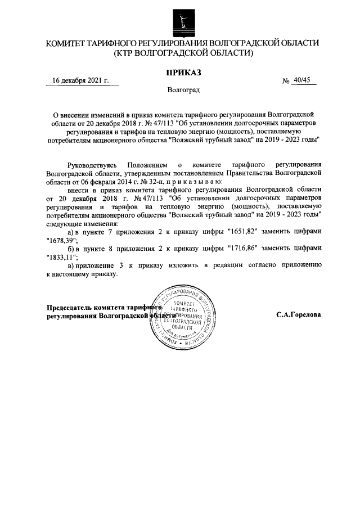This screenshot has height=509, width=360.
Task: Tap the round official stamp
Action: point(183,318)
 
